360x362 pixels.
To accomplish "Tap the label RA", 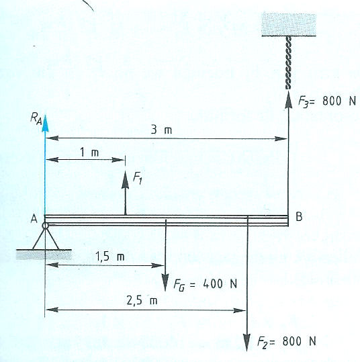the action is click(36, 120).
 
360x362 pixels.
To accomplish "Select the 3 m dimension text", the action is click(161, 130).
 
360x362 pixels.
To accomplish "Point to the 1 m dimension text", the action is click(89, 152).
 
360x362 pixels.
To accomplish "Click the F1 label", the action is click(137, 178).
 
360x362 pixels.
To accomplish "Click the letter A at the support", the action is click(34, 219).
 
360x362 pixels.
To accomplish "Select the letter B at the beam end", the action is click(299, 217).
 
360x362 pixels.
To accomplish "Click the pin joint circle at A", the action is click(46, 226).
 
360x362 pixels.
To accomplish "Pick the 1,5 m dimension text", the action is click(110, 257).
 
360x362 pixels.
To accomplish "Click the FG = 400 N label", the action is click(206, 284).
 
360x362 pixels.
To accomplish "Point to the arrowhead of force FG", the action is click(165, 283).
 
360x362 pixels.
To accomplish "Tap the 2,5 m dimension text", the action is click(142, 301).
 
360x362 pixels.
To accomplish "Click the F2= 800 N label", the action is click(287, 341).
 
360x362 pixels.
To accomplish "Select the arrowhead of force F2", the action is click(247, 343).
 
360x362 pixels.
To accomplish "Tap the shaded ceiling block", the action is click(289, 25).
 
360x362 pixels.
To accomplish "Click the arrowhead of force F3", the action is click(288, 99).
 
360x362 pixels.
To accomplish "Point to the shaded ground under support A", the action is click(44, 255).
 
